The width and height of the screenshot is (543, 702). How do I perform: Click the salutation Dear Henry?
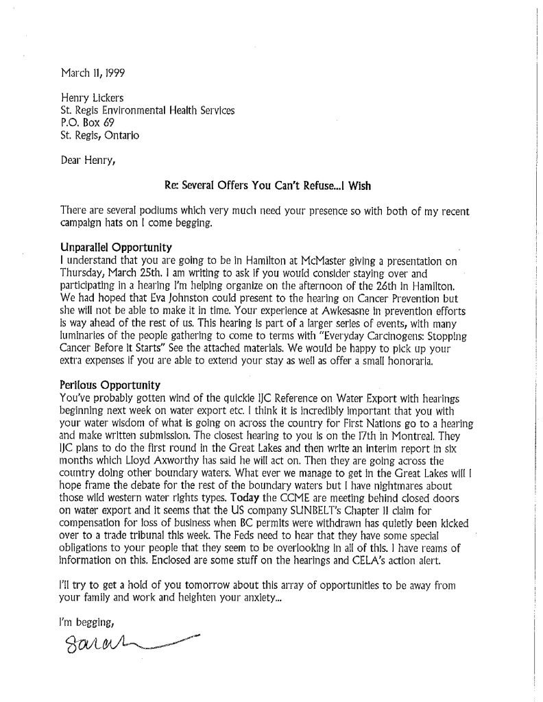click(88, 161)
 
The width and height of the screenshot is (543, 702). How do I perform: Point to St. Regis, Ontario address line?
click(99, 136)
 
